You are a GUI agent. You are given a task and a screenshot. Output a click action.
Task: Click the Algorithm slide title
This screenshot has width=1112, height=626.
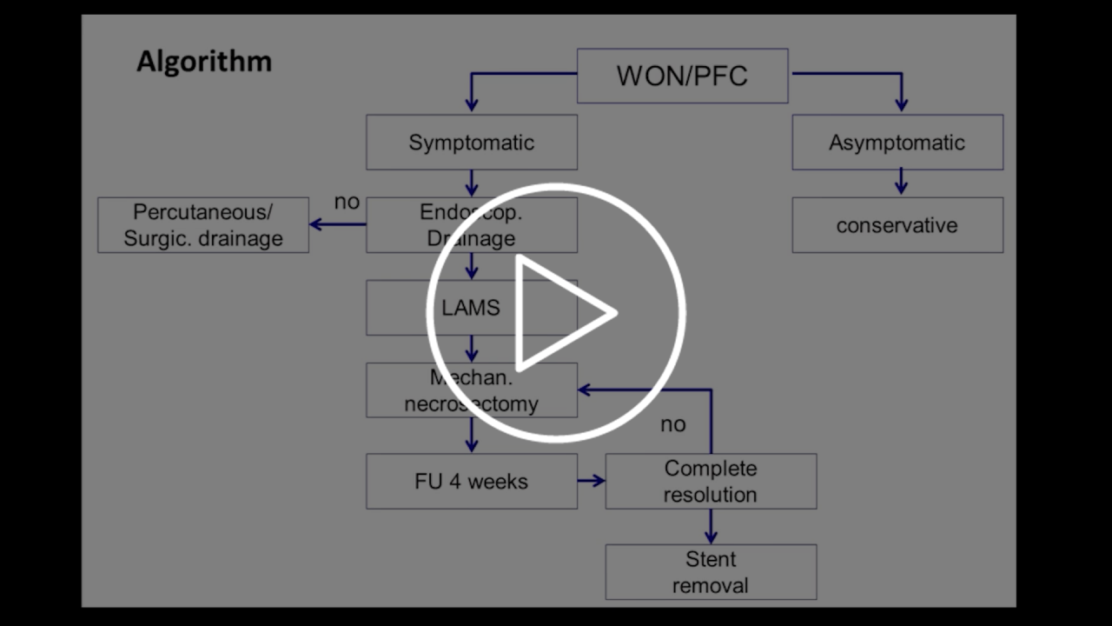click(x=204, y=62)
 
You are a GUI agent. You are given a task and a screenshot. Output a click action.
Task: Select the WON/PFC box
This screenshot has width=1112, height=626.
click(x=682, y=76)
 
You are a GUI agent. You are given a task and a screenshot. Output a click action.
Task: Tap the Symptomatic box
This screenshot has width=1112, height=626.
click(x=471, y=143)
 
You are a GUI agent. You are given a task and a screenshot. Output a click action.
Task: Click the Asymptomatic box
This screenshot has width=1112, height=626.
click(x=897, y=143)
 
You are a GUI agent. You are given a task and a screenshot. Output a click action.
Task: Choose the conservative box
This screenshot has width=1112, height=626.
click(x=897, y=225)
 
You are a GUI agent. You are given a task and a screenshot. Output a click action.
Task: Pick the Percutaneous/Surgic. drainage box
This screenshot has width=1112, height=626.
click(x=202, y=225)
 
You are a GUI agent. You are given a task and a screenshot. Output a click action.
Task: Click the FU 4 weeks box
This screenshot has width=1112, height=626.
click(x=471, y=481)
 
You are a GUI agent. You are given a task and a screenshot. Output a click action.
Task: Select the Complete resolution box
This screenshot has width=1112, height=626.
click(x=711, y=481)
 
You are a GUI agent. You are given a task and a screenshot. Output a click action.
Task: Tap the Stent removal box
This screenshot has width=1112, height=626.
click(x=711, y=572)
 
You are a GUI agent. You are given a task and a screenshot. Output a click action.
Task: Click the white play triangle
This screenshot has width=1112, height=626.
click(x=560, y=311)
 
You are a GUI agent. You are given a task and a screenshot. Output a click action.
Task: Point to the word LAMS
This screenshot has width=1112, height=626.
click(x=471, y=308)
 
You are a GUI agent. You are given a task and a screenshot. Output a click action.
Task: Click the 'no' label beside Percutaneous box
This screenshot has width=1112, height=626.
click(x=347, y=203)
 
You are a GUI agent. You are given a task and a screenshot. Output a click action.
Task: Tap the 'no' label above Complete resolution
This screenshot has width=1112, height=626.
click(x=672, y=424)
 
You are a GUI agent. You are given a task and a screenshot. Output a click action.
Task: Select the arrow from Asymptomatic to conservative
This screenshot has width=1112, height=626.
click(x=901, y=182)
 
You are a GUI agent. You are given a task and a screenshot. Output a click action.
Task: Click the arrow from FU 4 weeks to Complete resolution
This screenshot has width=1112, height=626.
click(x=592, y=480)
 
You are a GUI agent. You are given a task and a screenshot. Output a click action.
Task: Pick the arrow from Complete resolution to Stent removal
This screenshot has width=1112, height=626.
click(x=711, y=526)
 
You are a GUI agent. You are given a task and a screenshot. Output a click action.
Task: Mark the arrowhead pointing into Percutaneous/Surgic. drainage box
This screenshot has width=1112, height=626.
click(x=316, y=224)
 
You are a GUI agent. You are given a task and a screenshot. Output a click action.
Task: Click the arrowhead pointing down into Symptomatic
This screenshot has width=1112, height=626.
click(x=471, y=105)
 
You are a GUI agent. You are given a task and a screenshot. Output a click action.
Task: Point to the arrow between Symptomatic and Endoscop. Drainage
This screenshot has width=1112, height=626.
click(x=471, y=183)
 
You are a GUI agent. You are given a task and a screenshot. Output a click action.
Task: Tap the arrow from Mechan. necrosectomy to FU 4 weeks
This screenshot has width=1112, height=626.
click(x=471, y=435)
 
